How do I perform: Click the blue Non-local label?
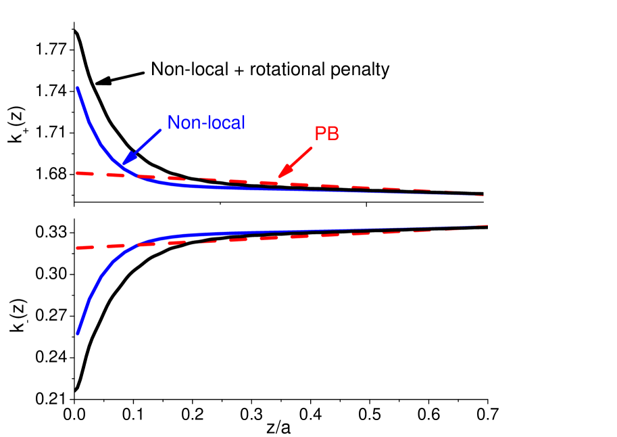[205, 123]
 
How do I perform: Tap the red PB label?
[326, 134]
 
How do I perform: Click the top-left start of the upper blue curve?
[78, 88]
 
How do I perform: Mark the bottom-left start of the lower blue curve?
[78, 333]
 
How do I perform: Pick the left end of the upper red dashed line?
[77, 173]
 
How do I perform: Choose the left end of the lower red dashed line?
[77, 248]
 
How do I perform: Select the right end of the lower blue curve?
[487, 225]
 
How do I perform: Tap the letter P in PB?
[320, 134]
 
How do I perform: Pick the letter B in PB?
[332, 134]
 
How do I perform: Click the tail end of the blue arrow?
[161, 131]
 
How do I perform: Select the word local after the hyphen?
[224, 123]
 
